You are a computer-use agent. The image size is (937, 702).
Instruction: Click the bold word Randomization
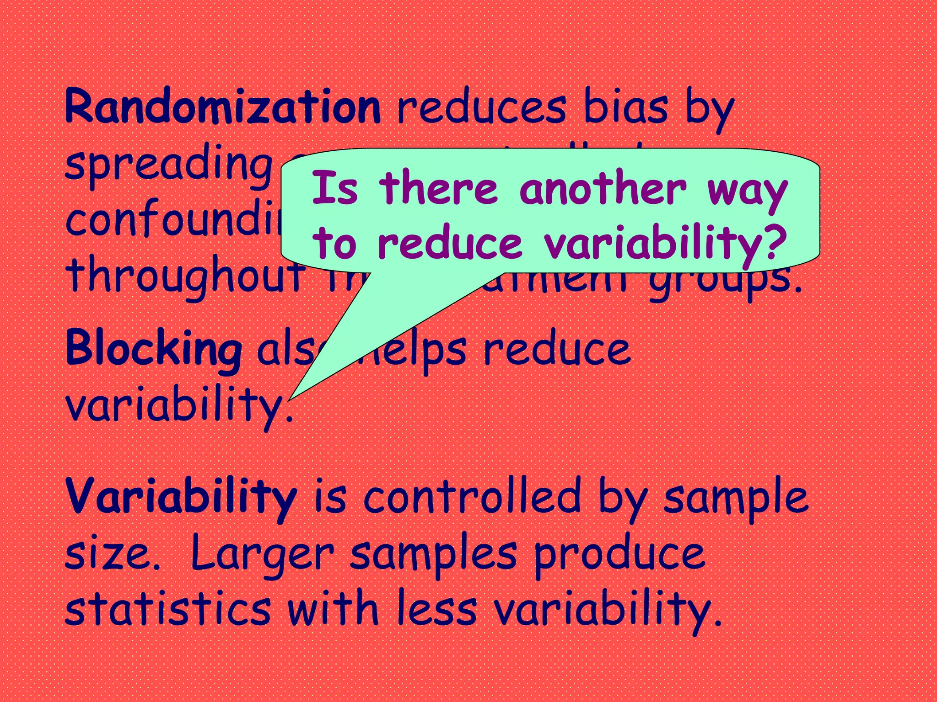tap(223, 106)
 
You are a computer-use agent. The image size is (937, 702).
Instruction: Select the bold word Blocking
tap(154, 349)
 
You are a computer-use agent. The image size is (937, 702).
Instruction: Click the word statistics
tap(168, 608)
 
